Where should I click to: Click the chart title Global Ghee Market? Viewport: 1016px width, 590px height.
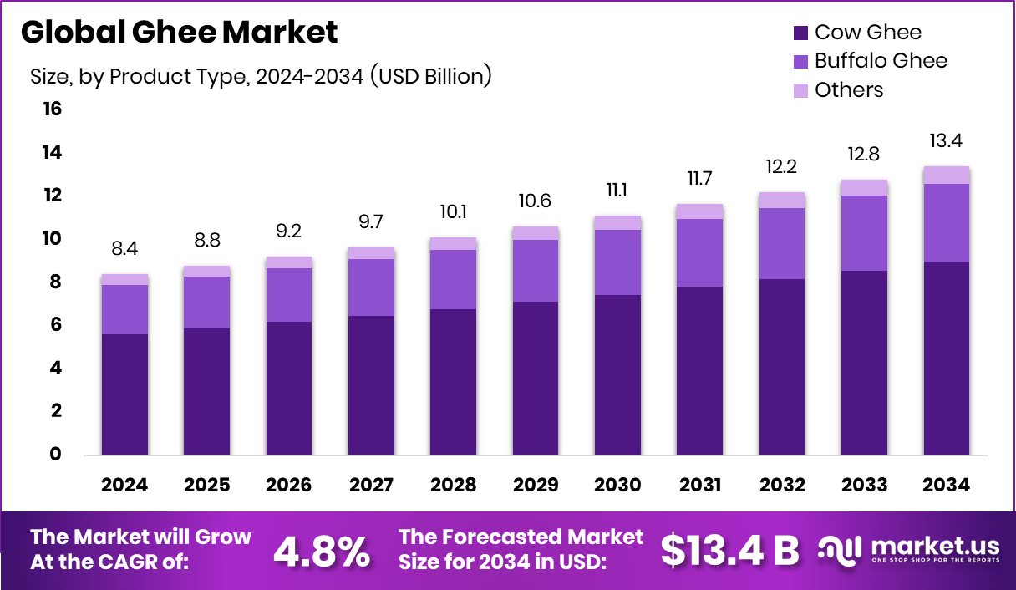[x=179, y=33]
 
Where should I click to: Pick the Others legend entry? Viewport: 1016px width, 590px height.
[x=837, y=89]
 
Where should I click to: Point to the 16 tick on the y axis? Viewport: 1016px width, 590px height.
[x=52, y=109]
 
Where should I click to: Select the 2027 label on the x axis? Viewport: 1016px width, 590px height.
[x=371, y=486]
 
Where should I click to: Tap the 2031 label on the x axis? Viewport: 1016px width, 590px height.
[x=700, y=486]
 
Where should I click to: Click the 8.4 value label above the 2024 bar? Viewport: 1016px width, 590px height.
[x=124, y=247]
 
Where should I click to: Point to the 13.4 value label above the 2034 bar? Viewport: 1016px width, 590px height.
[x=946, y=140]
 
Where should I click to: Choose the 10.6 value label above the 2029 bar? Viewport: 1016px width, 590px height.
[x=535, y=201]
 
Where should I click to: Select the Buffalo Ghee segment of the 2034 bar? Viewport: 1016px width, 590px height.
[x=946, y=222]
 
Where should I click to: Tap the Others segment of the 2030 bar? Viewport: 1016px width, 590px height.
[x=617, y=222]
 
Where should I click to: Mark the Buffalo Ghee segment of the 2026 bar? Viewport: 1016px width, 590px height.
[x=289, y=295]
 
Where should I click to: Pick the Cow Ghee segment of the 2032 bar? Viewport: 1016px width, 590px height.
[x=782, y=367]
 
